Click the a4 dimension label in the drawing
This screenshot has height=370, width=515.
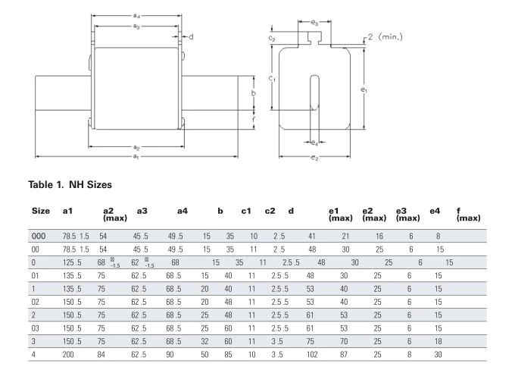(x=136, y=15)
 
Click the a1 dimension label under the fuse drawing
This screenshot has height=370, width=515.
(x=136, y=157)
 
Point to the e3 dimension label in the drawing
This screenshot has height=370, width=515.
(x=314, y=22)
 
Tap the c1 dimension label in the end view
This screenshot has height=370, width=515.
(x=273, y=78)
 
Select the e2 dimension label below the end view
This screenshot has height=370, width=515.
(x=314, y=158)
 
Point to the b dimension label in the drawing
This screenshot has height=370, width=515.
(x=254, y=93)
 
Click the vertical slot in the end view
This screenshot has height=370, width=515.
(x=314, y=92)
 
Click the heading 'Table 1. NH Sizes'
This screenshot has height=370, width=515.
(x=70, y=184)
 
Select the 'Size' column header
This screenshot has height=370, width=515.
(x=41, y=211)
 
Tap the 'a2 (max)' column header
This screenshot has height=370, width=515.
(x=115, y=215)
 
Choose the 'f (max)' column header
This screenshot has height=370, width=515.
(x=468, y=215)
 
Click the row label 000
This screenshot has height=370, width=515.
(x=39, y=236)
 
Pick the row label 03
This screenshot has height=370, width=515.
(x=35, y=328)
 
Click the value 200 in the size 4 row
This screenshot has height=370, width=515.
(x=68, y=355)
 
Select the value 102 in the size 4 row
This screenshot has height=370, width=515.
(x=312, y=355)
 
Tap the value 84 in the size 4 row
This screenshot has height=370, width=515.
(x=101, y=355)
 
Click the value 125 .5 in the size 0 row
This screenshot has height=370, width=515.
(x=72, y=262)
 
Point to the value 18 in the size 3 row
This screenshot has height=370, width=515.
(x=439, y=341)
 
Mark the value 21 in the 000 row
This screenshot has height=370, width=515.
(x=345, y=236)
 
